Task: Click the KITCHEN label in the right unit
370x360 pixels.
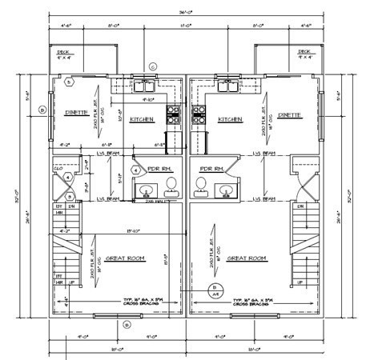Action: tap(230, 118)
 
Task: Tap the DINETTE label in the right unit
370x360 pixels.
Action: tap(292, 114)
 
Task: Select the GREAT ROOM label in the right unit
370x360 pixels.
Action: tap(247, 258)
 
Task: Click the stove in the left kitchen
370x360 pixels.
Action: tap(172, 113)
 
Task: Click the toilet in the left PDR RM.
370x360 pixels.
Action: tap(171, 188)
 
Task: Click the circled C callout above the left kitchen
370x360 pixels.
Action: tap(152, 66)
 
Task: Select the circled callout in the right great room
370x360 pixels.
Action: tap(214, 287)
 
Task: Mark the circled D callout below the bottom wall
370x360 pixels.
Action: tap(126, 324)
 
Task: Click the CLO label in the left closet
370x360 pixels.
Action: tap(58, 169)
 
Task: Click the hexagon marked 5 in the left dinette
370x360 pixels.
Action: tap(69, 82)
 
